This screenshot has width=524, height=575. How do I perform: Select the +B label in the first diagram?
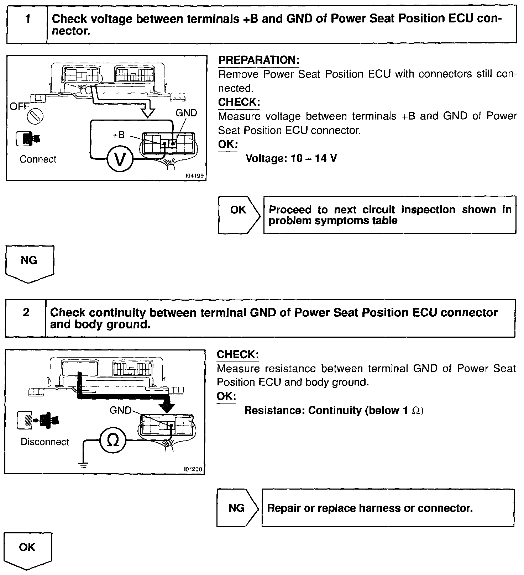(118, 135)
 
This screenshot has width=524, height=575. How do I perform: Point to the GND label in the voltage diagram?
(186, 113)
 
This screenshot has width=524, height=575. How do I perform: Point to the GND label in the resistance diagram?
(120, 410)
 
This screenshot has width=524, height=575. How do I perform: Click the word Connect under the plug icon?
(38, 159)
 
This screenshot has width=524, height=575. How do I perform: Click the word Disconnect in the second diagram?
(45, 442)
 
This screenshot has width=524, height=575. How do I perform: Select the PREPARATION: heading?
(259, 60)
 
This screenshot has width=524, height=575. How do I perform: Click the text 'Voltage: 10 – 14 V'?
(291, 158)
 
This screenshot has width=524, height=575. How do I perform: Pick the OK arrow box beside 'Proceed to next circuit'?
(239, 214)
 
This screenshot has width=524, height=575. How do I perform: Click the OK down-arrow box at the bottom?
(27, 549)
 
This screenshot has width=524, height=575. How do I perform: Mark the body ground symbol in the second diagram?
(83, 464)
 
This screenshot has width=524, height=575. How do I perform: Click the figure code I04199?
(195, 176)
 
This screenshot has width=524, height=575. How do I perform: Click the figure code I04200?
(193, 469)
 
